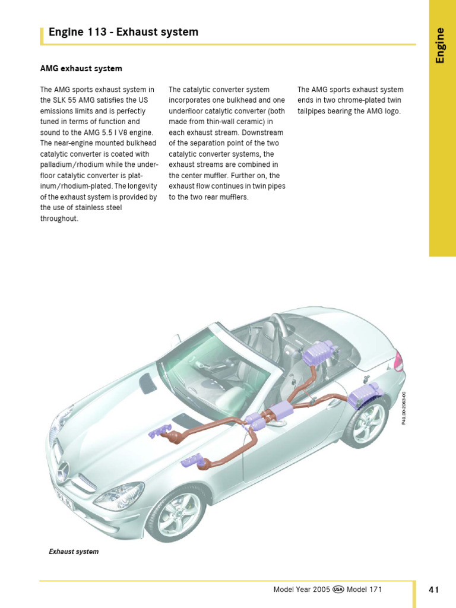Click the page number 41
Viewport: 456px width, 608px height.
(x=433, y=590)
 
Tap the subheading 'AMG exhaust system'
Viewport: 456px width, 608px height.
(x=81, y=69)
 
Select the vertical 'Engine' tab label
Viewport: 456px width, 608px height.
(x=440, y=45)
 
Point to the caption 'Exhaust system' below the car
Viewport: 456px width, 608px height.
(x=74, y=552)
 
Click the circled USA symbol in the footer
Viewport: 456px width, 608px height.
(x=338, y=590)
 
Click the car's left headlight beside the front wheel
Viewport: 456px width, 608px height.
(x=126, y=495)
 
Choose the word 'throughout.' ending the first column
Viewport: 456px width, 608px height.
(x=59, y=218)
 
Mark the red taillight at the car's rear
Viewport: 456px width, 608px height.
(x=398, y=360)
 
